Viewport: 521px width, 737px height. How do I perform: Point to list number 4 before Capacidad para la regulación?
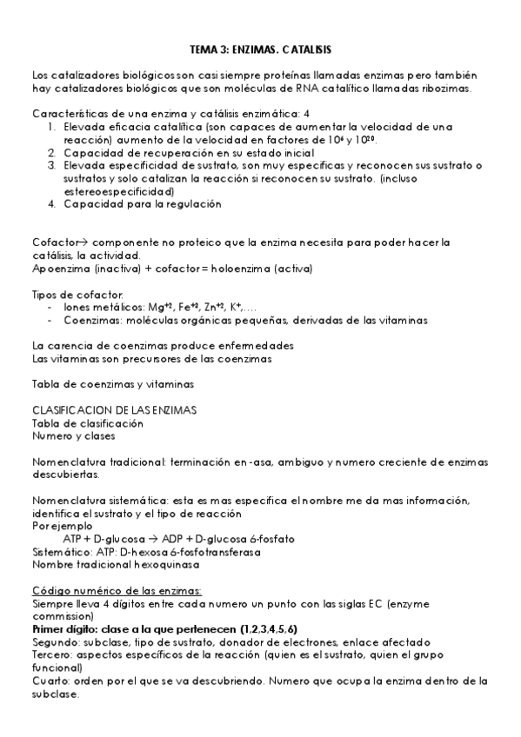(52, 204)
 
